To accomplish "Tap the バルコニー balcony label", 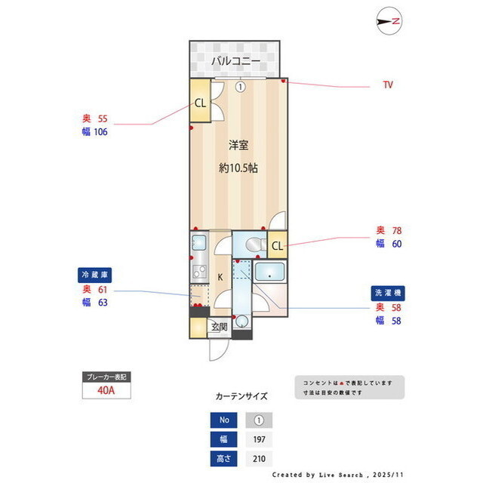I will [x=235, y=60].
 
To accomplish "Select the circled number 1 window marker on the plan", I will [x=239, y=87].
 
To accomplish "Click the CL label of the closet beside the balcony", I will [x=200, y=103].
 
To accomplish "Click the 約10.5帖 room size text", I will [x=238, y=168].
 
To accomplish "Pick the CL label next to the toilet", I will [x=277, y=245].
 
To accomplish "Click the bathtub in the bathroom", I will [x=269, y=272].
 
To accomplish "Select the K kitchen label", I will [x=220, y=277].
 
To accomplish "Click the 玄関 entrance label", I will [x=219, y=327].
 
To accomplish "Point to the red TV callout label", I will [x=387, y=85].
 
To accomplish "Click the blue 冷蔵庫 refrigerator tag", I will [x=98, y=274].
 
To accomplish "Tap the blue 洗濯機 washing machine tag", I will [x=387, y=292].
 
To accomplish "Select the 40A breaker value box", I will [x=106, y=391].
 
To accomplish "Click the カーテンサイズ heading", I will [x=241, y=395].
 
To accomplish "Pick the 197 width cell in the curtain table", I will [x=258, y=439].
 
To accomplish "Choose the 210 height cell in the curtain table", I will [x=258, y=458].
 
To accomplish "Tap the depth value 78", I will [x=395, y=230].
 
